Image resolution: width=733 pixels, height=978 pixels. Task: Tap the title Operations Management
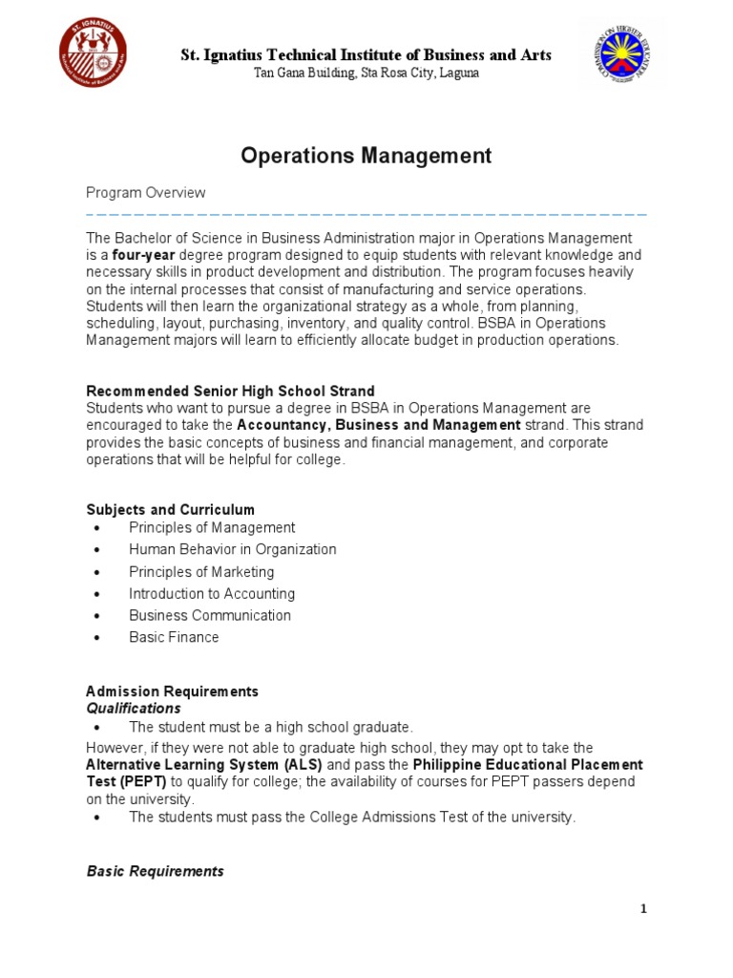pyautogui.click(x=366, y=156)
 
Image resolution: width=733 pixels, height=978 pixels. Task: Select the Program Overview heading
pyautogui.click(x=146, y=193)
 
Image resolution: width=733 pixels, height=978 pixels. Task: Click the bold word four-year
pyautogui.click(x=144, y=255)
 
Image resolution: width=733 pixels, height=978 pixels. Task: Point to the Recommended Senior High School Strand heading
pyautogui.click(x=230, y=391)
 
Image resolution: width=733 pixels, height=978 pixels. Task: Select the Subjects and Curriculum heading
pyautogui.click(x=170, y=509)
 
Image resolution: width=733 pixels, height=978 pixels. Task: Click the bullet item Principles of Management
pyautogui.click(x=212, y=527)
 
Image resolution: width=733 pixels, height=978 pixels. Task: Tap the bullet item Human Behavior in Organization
pyautogui.click(x=233, y=549)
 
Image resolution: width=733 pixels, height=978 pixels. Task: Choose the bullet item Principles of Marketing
pyautogui.click(x=201, y=571)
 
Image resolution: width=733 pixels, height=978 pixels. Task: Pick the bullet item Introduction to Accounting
pyautogui.click(x=212, y=593)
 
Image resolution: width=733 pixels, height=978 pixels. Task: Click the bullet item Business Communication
pyautogui.click(x=210, y=615)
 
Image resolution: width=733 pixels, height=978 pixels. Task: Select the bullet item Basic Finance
pyautogui.click(x=174, y=637)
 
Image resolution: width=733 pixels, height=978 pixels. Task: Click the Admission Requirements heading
pyautogui.click(x=172, y=691)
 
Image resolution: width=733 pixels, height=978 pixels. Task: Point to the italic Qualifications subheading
pyautogui.click(x=134, y=708)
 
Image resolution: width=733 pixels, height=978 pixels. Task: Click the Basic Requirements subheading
pyautogui.click(x=155, y=871)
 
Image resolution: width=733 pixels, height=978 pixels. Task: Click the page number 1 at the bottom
pyautogui.click(x=643, y=908)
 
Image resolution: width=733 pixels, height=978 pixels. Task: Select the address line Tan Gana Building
pyautogui.click(x=366, y=74)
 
